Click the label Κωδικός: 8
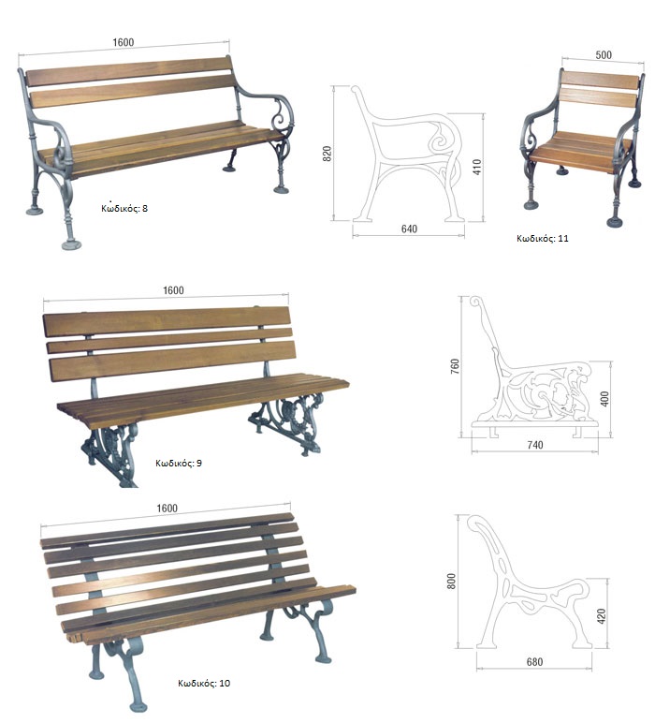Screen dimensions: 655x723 click(x=124, y=208)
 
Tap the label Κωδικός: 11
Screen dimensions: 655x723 click(x=542, y=239)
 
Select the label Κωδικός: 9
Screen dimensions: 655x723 click(x=179, y=463)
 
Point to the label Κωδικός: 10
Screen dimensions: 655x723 click(x=204, y=683)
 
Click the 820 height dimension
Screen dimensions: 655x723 click(x=327, y=154)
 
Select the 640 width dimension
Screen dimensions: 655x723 click(x=409, y=229)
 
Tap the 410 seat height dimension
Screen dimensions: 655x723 click(x=476, y=167)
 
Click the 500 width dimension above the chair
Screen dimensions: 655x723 click(x=604, y=55)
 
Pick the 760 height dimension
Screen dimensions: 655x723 click(x=455, y=366)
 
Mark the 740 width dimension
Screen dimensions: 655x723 click(x=535, y=445)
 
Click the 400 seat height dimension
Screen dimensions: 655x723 click(x=604, y=399)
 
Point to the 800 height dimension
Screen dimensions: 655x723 click(x=451, y=581)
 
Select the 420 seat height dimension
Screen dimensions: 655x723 click(x=601, y=616)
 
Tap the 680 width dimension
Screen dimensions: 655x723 click(x=534, y=662)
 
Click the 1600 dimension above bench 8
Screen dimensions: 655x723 click(x=123, y=42)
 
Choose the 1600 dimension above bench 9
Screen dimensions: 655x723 click(x=173, y=290)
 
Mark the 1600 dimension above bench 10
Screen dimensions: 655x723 click(x=167, y=508)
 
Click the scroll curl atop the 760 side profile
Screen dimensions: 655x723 click(x=476, y=302)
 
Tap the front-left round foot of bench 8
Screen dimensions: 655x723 click(x=71, y=244)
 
